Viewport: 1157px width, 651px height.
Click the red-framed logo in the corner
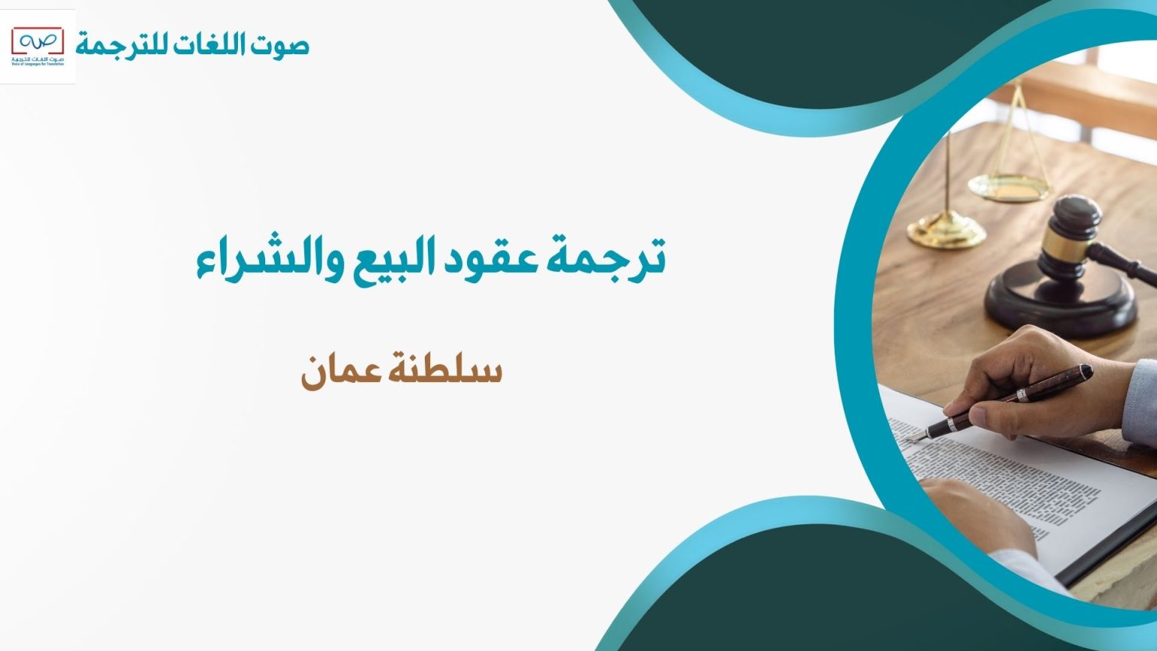tap(38, 46)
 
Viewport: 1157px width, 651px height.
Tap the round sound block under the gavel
tap(1062, 301)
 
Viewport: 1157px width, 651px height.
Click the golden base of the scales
tap(946, 233)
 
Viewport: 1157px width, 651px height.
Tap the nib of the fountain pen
tap(915, 437)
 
